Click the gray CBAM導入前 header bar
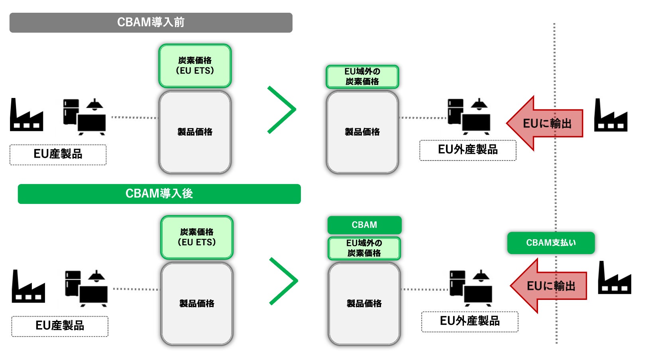tap(151, 23)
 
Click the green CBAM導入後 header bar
tap(159, 194)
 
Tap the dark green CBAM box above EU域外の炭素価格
tap(364, 225)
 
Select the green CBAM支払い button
tap(551, 243)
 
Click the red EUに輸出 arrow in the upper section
tap(544, 123)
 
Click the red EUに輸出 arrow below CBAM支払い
tap(548, 286)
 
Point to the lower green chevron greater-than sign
tap(284, 281)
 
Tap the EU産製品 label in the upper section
tap(58, 155)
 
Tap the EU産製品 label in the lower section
tap(60, 326)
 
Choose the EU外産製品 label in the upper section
tap(468, 150)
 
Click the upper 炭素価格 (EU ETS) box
tap(195, 66)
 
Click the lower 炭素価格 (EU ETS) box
tap(197, 237)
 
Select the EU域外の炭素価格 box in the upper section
tap(362, 77)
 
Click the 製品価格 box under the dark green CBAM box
tap(364, 303)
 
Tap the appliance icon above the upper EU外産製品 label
tap(469, 117)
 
